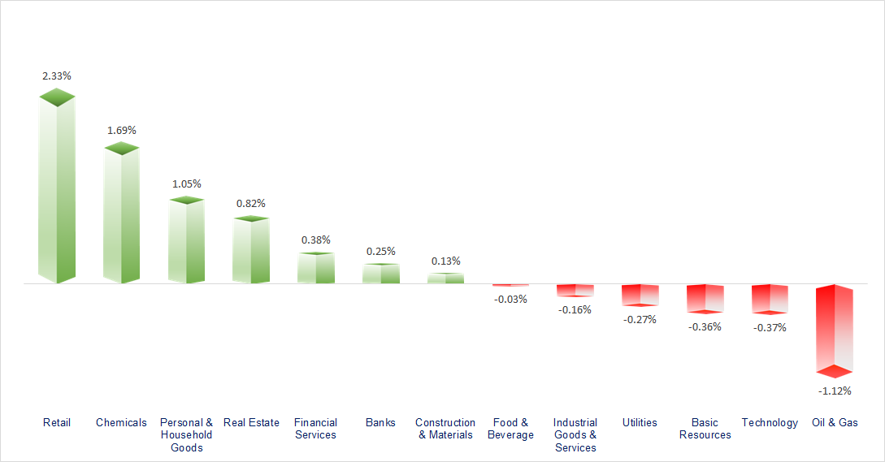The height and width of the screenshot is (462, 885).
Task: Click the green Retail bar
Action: tap(57, 191)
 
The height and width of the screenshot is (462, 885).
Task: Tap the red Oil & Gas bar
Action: tap(835, 329)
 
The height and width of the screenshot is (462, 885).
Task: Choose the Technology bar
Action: tap(769, 298)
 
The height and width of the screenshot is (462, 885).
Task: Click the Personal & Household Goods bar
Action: tap(186, 241)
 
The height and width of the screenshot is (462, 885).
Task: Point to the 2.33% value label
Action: tap(57, 76)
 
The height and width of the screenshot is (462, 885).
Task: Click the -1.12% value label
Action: tap(835, 391)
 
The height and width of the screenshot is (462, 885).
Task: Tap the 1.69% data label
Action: tap(122, 130)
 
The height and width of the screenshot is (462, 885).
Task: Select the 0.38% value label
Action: tap(315, 240)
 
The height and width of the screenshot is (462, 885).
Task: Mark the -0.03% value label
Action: tap(510, 299)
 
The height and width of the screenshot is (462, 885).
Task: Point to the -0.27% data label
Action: tap(640, 319)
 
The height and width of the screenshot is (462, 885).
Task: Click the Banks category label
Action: tap(380, 422)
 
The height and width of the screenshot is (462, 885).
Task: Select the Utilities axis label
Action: tap(640, 422)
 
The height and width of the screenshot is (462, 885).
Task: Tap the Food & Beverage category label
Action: tap(510, 429)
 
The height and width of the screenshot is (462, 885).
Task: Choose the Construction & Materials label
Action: tap(445, 429)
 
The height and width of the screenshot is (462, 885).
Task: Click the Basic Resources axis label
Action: tap(705, 429)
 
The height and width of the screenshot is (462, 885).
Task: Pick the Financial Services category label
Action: tap(315, 429)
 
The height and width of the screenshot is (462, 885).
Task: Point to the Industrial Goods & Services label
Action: tap(575, 434)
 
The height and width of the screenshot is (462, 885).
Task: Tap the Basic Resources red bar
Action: tap(705, 298)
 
